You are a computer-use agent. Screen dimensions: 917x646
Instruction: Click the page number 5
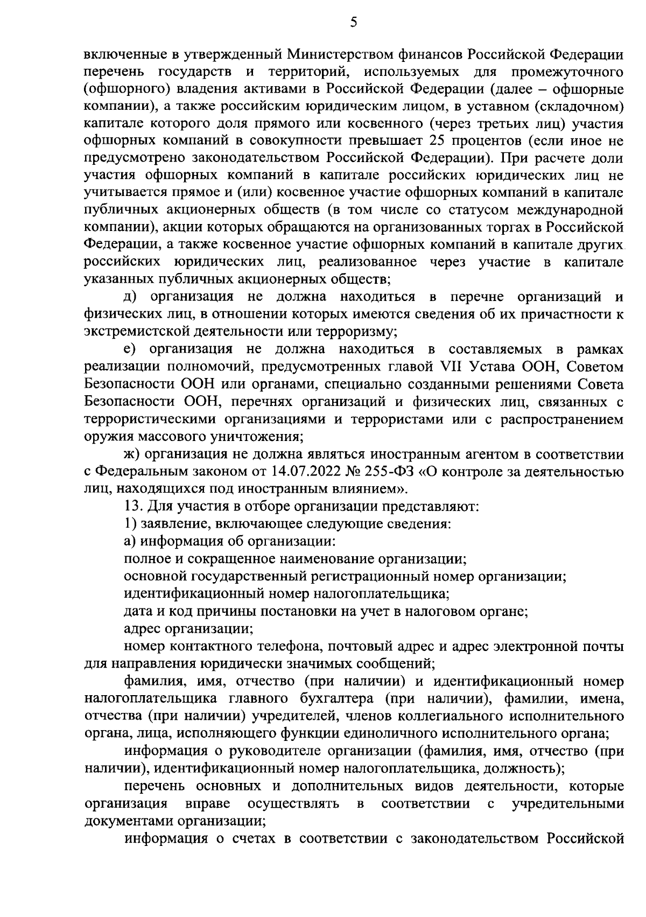point(353,22)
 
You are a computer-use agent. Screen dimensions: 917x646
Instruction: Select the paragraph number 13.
point(132,507)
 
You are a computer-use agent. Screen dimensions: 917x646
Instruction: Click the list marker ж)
point(132,454)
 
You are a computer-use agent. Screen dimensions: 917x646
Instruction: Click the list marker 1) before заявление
point(129,524)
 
